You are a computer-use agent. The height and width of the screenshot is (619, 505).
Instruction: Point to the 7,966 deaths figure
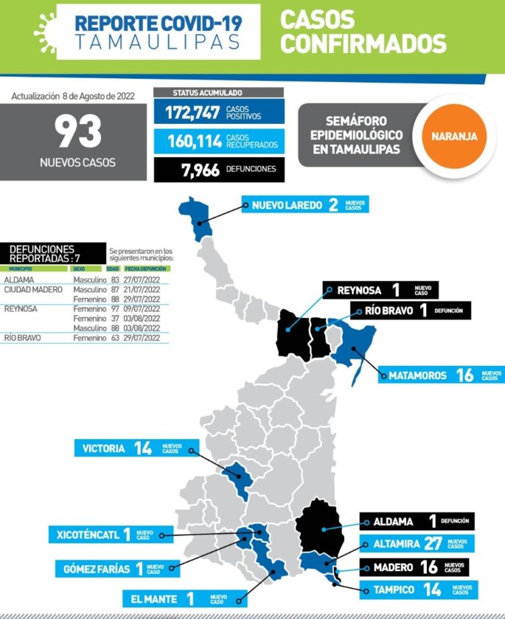coord(200,170)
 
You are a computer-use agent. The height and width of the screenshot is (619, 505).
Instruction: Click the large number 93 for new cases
coord(78,131)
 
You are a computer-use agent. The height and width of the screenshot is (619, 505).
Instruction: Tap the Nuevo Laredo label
coord(287,205)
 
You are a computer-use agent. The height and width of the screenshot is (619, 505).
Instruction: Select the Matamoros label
coord(417,375)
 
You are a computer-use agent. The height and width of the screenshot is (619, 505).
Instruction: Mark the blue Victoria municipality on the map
coord(238,477)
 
